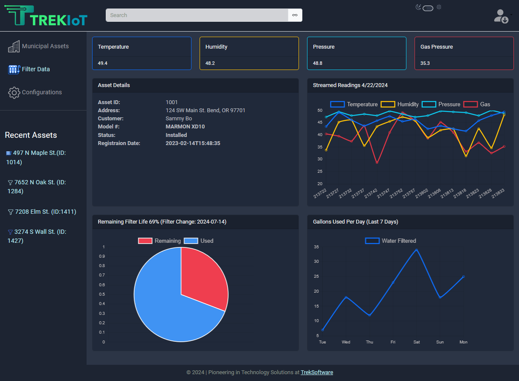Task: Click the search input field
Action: coord(197,15)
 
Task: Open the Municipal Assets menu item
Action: coord(45,46)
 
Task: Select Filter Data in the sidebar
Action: coord(35,69)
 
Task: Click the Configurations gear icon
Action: coord(14,93)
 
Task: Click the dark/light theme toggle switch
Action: coord(428,8)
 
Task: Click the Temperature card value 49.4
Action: coord(103,63)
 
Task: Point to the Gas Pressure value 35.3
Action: coord(425,63)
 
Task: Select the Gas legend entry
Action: coord(477,104)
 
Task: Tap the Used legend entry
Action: coord(199,241)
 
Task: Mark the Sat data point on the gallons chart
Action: coord(416,250)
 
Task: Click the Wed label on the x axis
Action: coord(346,342)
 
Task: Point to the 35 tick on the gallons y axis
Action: coord(316,247)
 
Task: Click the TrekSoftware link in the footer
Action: coord(317,372)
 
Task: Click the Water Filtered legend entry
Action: coord(391,241)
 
